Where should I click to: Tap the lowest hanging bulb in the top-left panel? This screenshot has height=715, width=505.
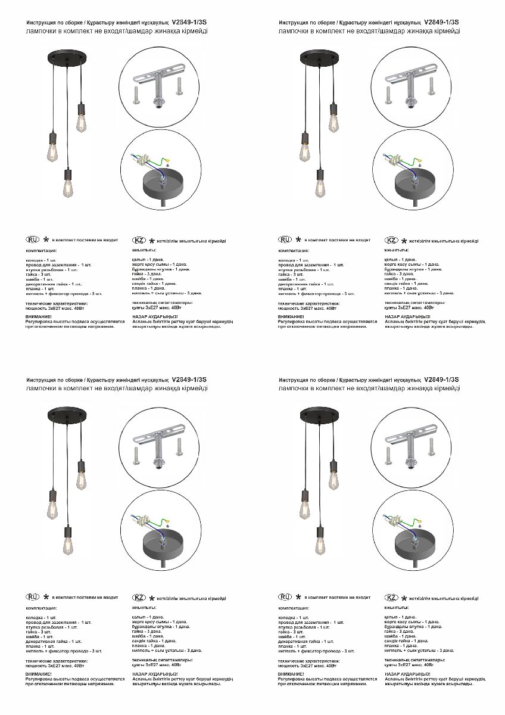[68, 186]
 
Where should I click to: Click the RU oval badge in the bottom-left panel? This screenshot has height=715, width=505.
[32, 596]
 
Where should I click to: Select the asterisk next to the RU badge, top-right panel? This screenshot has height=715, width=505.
[298, 240]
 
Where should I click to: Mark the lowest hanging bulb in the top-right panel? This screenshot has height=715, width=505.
[322, 186]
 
